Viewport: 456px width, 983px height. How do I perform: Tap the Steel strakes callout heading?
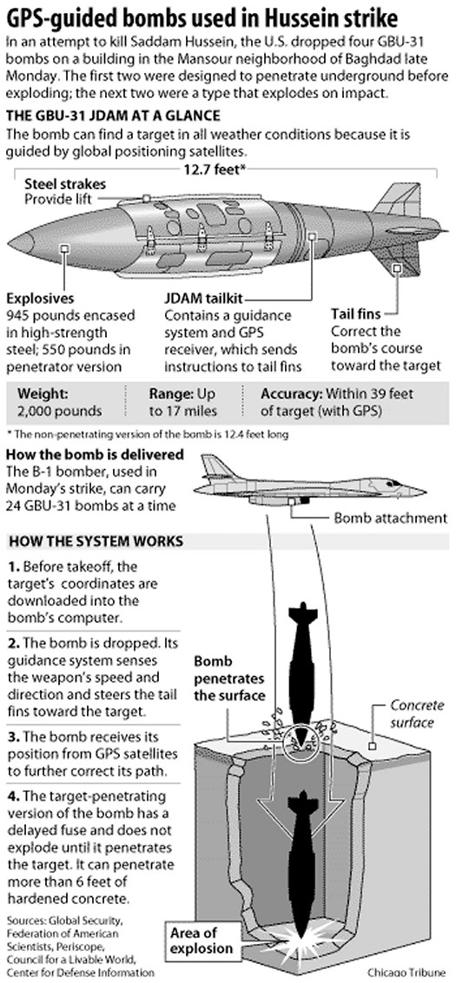coord(64,184)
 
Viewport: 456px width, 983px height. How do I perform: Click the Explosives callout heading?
coord(39,299)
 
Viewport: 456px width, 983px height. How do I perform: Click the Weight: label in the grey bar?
coord(42,394)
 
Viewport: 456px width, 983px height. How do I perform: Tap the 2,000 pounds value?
coord(60,412)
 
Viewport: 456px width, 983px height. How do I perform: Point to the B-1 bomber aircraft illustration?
coord(313,480)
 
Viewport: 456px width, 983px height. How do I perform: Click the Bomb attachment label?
coord(390,518)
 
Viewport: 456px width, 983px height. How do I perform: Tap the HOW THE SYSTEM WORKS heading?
coord(96,541)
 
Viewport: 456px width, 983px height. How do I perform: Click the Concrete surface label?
coord(417,714)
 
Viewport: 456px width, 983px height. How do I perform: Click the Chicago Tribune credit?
coord(407,972)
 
